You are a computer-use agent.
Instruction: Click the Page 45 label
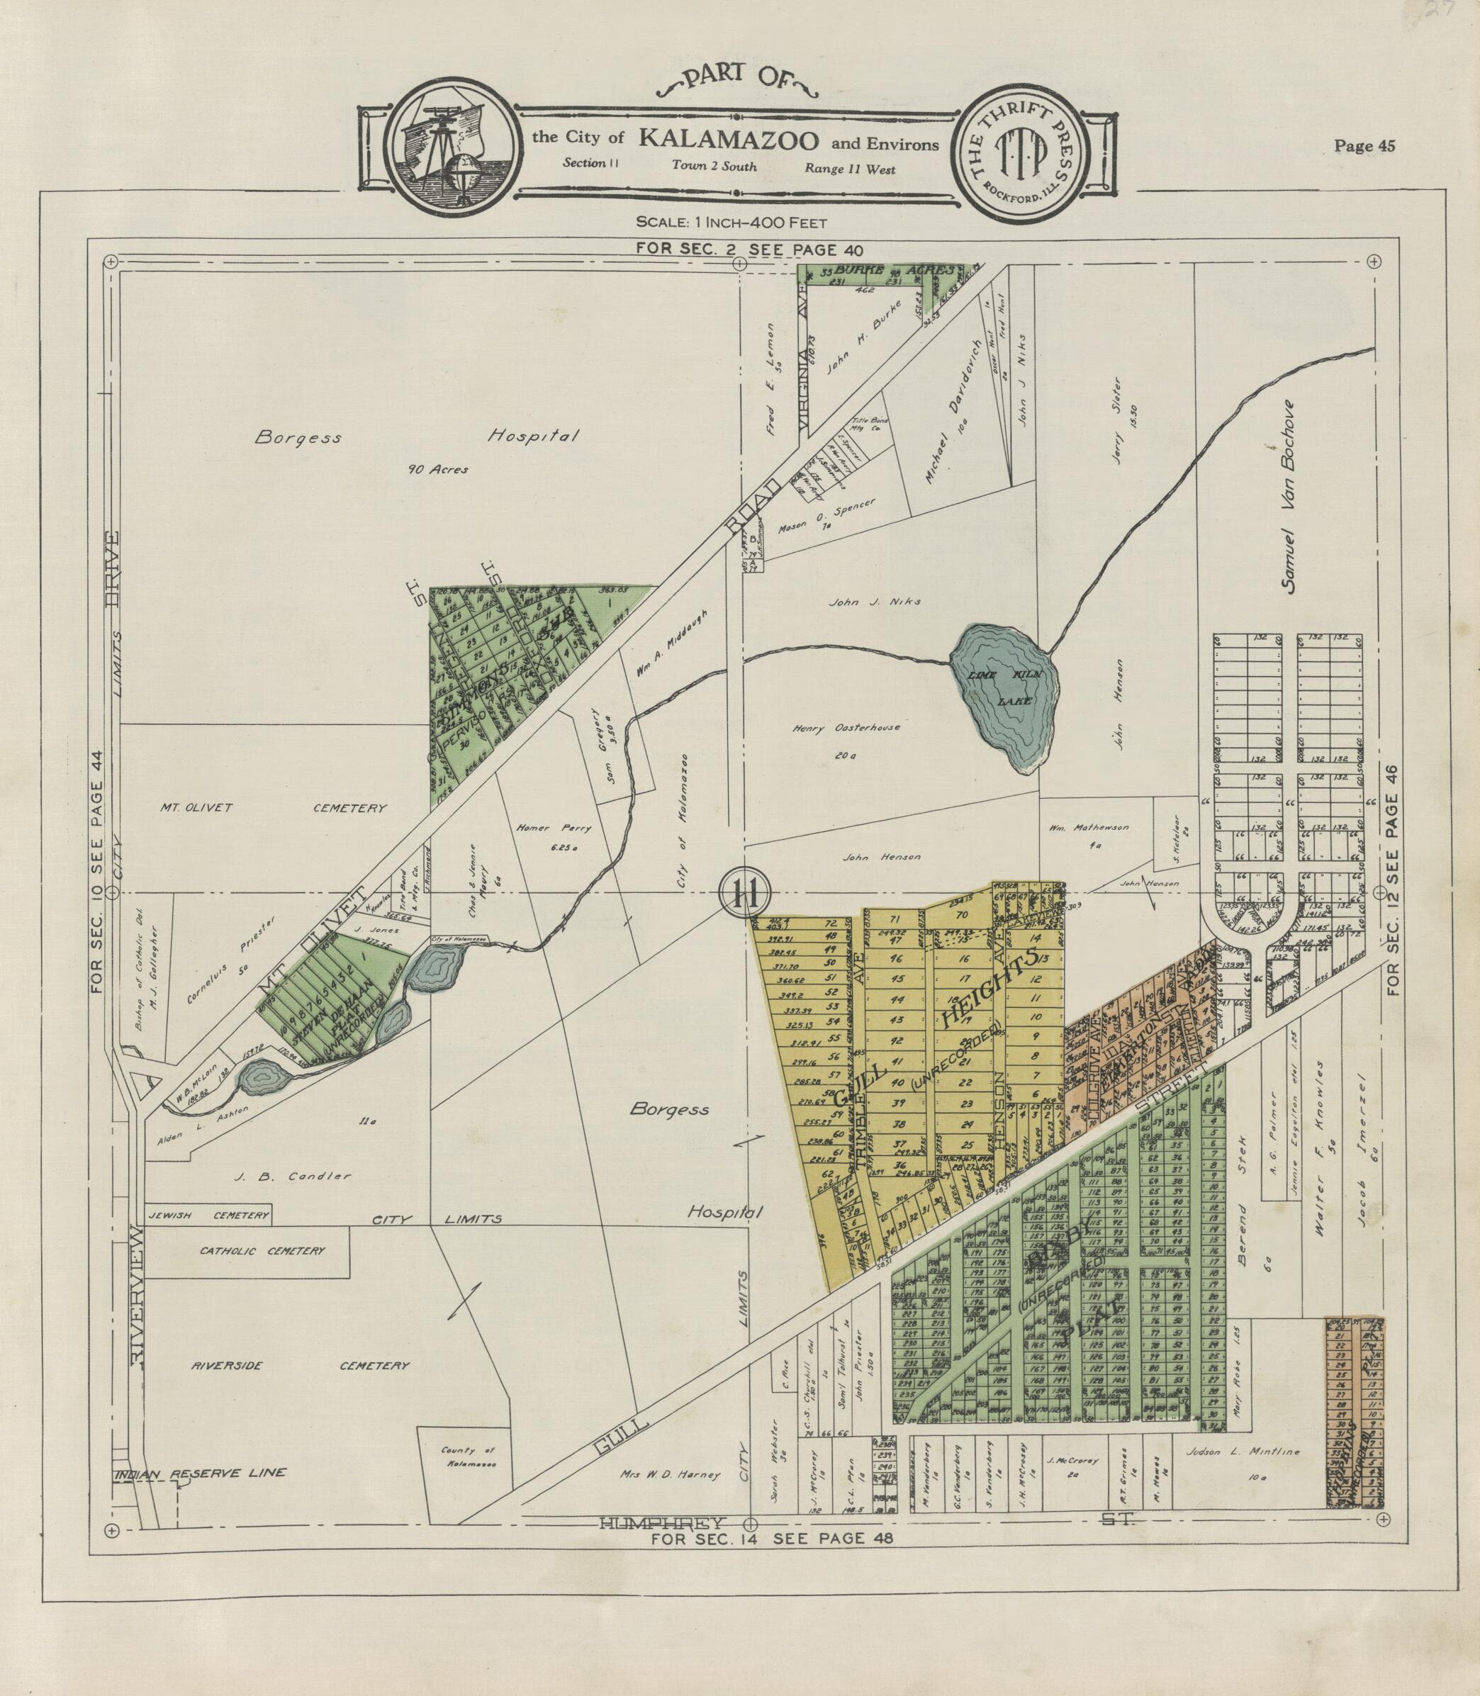pyautogui.click(x=1364, y=146)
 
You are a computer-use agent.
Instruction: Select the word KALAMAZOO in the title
pyautogui.click(x=728, y=139)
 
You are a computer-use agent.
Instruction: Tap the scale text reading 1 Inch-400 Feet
pyautogui.click(x=731, y=221)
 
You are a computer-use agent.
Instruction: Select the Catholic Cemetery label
pyautogui.click(x=262, y=1251)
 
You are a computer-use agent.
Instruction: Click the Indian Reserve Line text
pyautogui.click(x=201, y=1472)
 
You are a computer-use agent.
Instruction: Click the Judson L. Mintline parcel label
pyautogui.click(x=1241, y=1451)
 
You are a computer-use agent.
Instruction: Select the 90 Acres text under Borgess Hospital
pyautogui.click(x=438, y=469)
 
